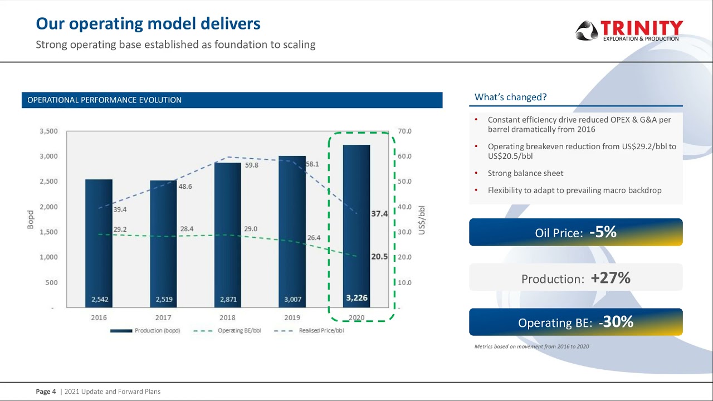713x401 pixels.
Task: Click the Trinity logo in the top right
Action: pyautogui.click(x=629, y=30)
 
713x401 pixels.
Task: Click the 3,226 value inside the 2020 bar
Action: pyautogui.click(x=356, y=298)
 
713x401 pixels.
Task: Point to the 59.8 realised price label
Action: pyautogui.click(x=251, y=165)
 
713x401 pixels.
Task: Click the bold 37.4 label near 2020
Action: pyautogui.click(x=379, y=214)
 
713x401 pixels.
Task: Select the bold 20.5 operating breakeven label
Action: pyautogui.click(x=379, y=257)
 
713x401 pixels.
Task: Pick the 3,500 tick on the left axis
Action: pyautogui.click(x=48, y=131)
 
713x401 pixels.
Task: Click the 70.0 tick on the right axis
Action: pyautogui.click(x=405, y=131)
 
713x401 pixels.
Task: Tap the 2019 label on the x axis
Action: pyautogui.click(x=292, y=318)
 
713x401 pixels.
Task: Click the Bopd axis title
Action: pyautogui.click(x=31, y=219)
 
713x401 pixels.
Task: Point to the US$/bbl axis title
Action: pyautogui.click(x=422, y=219)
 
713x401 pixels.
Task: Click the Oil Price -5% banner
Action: pyautogui.click(x=575, y=232)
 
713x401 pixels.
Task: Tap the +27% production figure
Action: pyautogui.click(x=611, y=278)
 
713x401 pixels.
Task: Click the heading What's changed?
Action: pyautogui.click(x=510, y=97)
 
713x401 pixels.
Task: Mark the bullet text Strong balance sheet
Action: pyautogui.click(x=525, y=173)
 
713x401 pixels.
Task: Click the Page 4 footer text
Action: pyautogui.click(x=46, y=392)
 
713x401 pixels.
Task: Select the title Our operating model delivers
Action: pyautogui.click(x=148, y=24)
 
